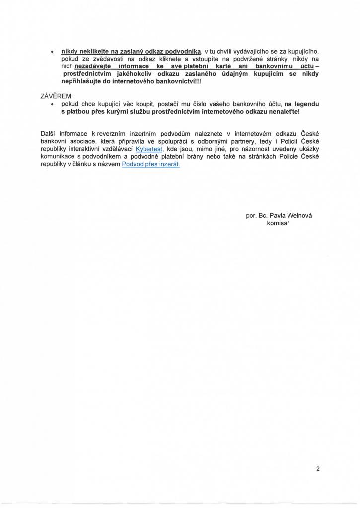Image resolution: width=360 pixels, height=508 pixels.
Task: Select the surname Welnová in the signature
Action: click(301, 216)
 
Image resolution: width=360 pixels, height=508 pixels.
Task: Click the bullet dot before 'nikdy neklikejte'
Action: click(53, 52)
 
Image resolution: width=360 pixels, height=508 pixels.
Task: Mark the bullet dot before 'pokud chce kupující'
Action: click(53, 105)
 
